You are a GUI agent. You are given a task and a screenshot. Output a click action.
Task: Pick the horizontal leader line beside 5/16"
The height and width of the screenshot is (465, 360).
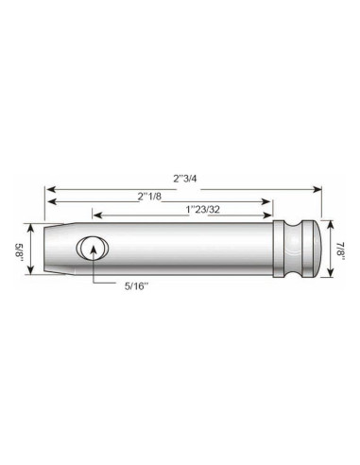109,281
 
